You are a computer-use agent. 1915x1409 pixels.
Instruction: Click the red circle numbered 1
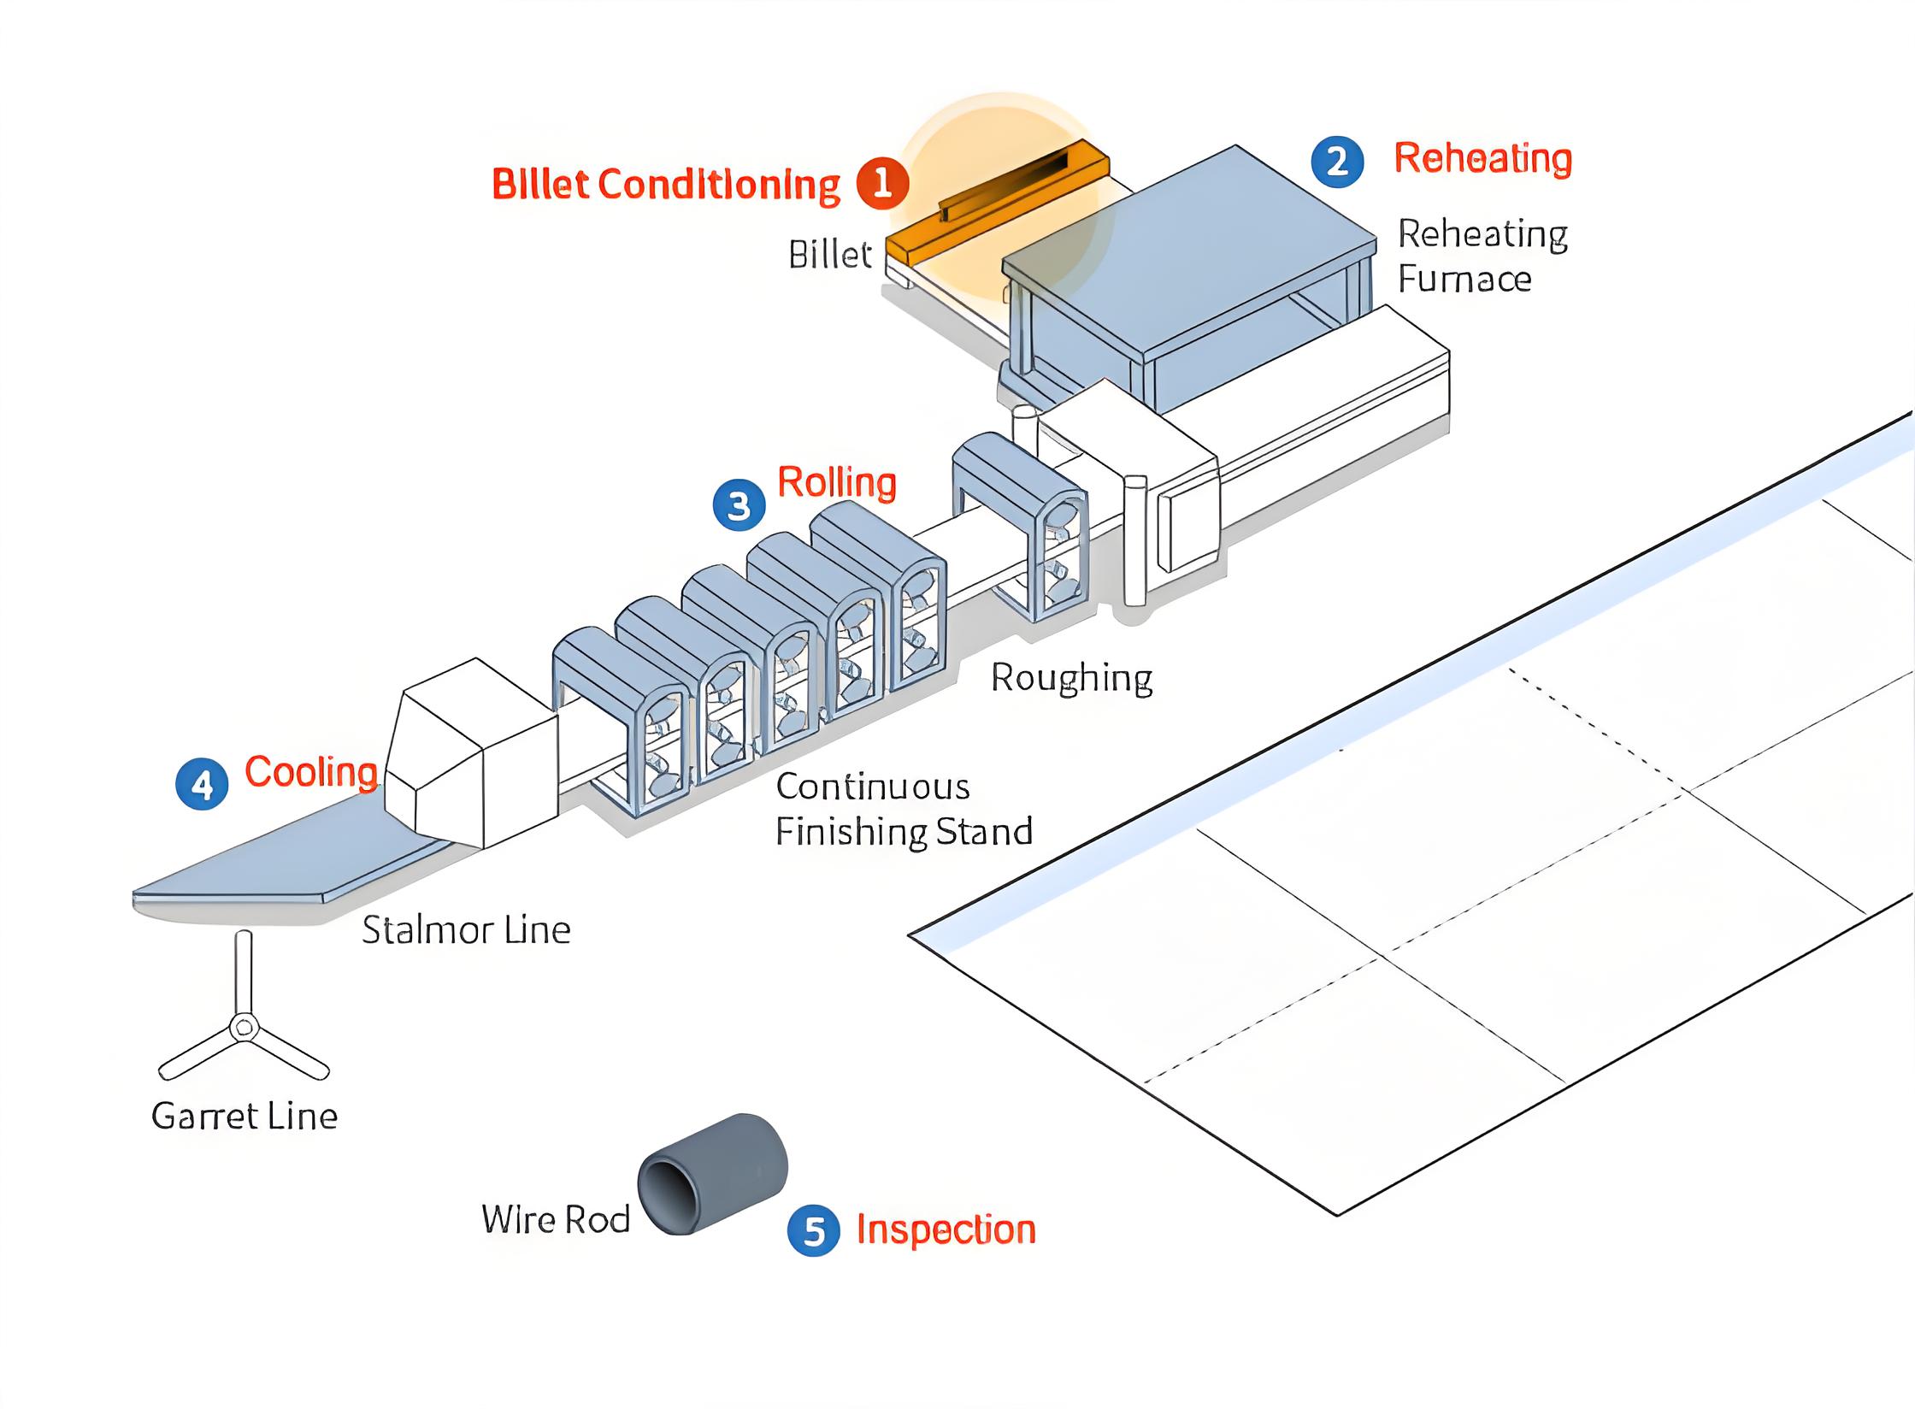(x=882, y=182)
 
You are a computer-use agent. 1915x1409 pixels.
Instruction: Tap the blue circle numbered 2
(x=1338, y=162)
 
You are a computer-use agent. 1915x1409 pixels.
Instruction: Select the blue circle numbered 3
(x=739, y=504)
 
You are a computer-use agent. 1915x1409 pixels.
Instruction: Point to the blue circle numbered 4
(x=202, y=784)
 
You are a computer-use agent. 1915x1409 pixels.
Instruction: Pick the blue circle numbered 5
(x=814, y=1230)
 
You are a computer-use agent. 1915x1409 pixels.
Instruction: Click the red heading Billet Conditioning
(x=666, y=185)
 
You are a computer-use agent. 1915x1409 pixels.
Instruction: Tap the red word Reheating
(x=1482, y=158)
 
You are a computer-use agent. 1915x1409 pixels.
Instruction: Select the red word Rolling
(x=836, y=483)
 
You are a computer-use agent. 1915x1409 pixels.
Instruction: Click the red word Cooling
(x=311, y=772)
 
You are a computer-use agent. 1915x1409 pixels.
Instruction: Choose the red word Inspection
(x=946, y=1229)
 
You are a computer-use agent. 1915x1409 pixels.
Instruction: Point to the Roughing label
(x=1071, y=679)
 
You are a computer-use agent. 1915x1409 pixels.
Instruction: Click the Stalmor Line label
(x=466, y=929)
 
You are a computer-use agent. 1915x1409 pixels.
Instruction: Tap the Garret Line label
(x=245, y=1116)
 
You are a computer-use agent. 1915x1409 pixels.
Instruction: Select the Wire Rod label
(x=556, y=1219)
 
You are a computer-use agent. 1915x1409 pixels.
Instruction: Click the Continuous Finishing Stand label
(x=903, y=809)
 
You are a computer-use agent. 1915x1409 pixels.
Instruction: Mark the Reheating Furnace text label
(x=1482, y=256)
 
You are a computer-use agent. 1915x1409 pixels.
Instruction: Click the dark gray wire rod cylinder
(x=713, y=1173)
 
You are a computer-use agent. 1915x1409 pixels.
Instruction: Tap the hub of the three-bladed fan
(x=245, y=1026)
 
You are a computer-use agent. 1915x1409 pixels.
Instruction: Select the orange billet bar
(x=996, y=201)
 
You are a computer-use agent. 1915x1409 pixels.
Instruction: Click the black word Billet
(x=829, y=255)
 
